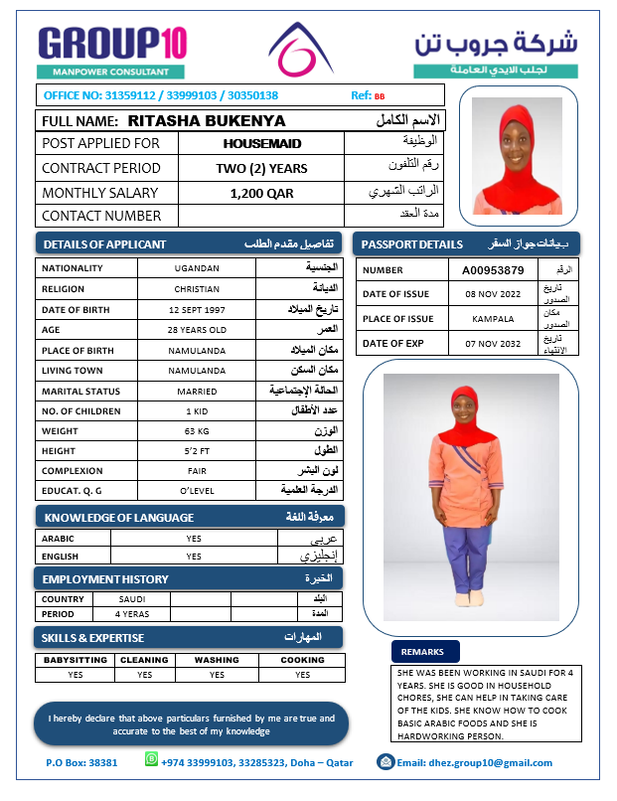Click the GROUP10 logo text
tap(111, 43)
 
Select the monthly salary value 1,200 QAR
tap(261, 193)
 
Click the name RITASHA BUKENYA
tap(207, 121)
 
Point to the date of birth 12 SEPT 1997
tap(197, 308)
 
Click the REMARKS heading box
tap(425, 651)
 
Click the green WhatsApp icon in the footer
tap(151, 759)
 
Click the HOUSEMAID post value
tap(261, 144)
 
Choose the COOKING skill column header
tap(302, 660)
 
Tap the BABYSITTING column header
tap(76, 660)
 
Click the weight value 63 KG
tap(197, 431)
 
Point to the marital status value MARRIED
tap(197, 392)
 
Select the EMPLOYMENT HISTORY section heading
tap(105, 578)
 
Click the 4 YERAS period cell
tap(131, 614)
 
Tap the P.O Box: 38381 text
tap(81, 763)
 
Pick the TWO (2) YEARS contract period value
tap(261, 169)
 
